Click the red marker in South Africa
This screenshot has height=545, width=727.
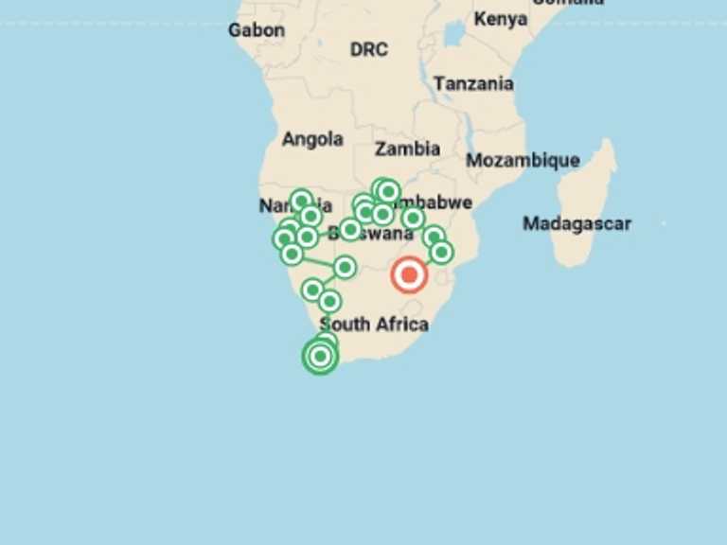[x=409, y=275]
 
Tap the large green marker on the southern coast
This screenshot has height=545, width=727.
[x=320, y=356]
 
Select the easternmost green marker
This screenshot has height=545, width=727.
[x=441, y=252]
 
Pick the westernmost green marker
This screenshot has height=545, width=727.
[x=283, y=238]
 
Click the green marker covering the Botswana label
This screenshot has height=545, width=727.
[x=350, y=229]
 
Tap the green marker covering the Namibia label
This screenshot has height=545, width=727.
[x=301, y=201]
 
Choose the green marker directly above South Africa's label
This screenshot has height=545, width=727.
[x=329, y=302]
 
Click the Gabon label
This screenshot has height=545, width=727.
[x=256, y=30]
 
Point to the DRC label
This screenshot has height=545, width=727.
[x=368, y=49]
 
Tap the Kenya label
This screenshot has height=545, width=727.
[x=501, y=19]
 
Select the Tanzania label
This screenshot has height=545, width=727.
[x=473, y=83]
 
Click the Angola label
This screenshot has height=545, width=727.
[x=312, y=139]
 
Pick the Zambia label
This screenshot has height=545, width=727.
[x=407, y=149]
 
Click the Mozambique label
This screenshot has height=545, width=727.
[x=523, y=160]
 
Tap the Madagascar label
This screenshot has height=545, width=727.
[x=576, y=224]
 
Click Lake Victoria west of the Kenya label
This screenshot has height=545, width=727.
[x=453, y=33]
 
